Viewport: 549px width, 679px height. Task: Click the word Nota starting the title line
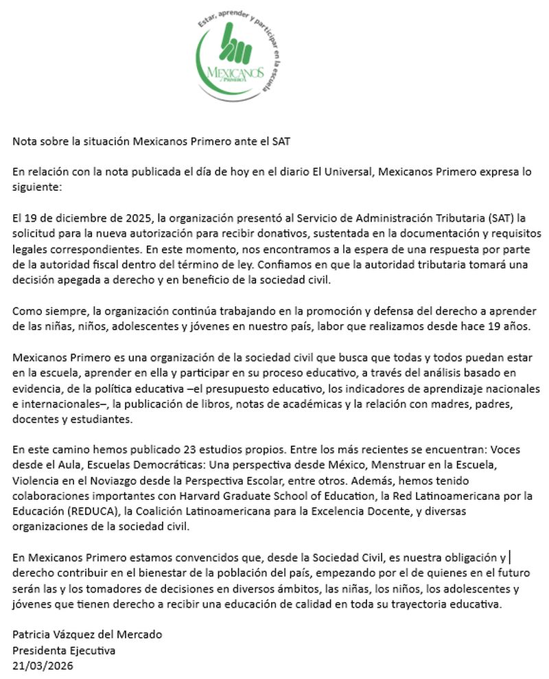(24, 142)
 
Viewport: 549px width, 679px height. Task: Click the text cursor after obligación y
(511, 558)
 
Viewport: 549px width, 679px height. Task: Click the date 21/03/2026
(43, 665)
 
